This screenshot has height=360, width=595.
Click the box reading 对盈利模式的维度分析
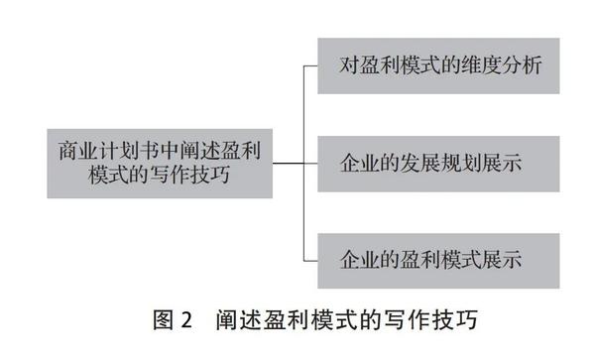[438, 65]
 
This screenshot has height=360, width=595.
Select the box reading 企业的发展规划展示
[438, 162]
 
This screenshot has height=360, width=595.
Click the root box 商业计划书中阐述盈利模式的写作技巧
[160, 162]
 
